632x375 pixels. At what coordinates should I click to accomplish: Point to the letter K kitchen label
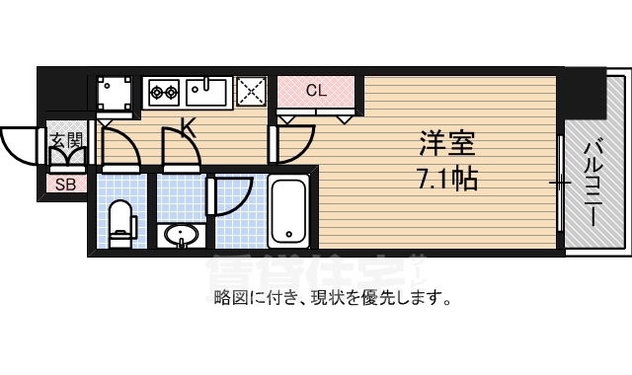(x=186, y=127)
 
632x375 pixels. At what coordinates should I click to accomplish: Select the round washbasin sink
(x=181, y=235)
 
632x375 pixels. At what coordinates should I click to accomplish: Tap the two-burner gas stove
(x=163, y=94)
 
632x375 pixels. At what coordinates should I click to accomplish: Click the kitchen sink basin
(x=207, y=94)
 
